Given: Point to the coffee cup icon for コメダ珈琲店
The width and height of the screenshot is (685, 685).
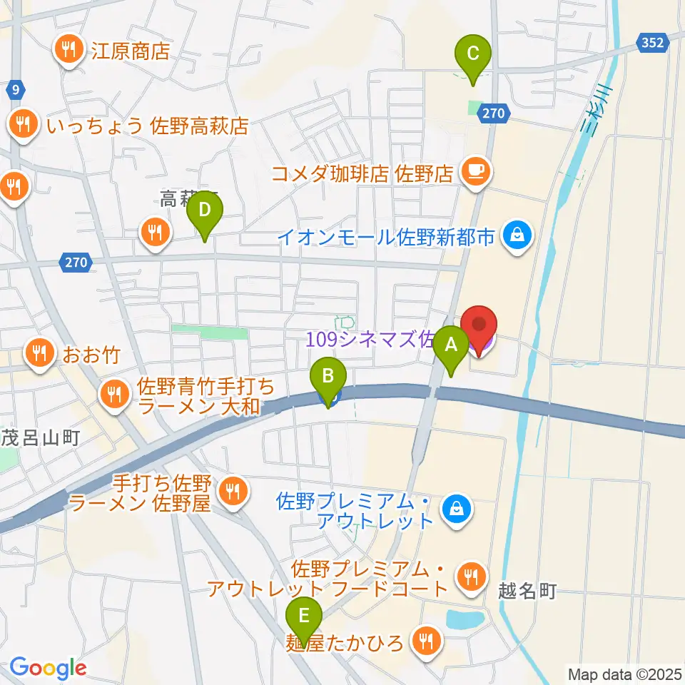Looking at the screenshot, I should click(475, 171).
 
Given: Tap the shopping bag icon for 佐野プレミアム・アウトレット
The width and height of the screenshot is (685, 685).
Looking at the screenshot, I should click(454, 509).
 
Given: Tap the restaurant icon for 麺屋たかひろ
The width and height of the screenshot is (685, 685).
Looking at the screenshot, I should click(427, 640).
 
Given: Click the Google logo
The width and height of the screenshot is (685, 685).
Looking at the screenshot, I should click(48, 669).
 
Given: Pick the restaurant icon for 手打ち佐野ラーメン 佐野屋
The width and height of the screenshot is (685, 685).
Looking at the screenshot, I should click(232, 489).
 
